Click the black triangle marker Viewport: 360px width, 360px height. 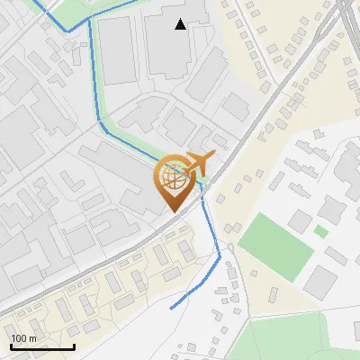click(x=181, y=24)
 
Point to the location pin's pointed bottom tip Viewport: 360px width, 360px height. click(x=172, y=211)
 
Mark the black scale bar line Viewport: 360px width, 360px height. click(x=42, y=346)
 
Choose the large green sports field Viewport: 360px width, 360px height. click(x=274, y=244)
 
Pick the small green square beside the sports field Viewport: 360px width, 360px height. click(x=321, y=232)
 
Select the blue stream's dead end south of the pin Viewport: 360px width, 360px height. click(x=171, y=309)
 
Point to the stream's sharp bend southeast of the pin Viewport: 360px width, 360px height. click(x=220, y=256)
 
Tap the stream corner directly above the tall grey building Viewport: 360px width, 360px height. click(x=91, y=21)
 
